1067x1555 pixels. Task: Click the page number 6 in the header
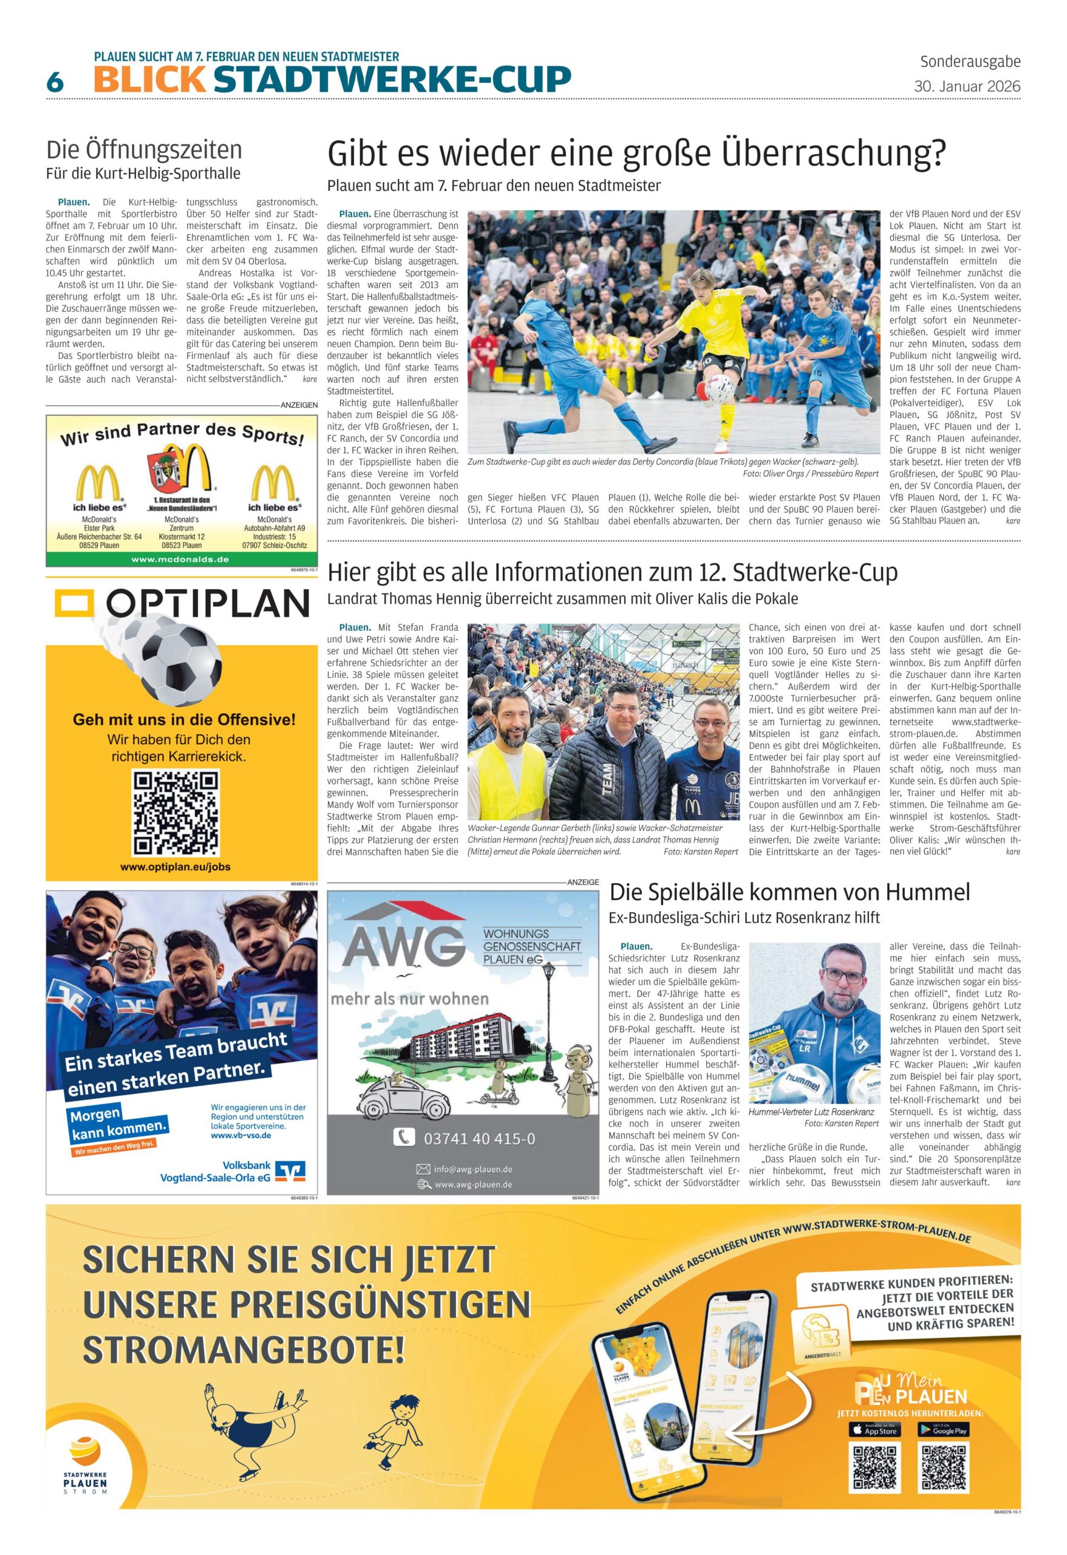coord(55,82)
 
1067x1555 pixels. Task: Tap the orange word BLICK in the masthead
coord(150,80)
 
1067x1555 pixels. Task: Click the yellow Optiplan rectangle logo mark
coord(72,604)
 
